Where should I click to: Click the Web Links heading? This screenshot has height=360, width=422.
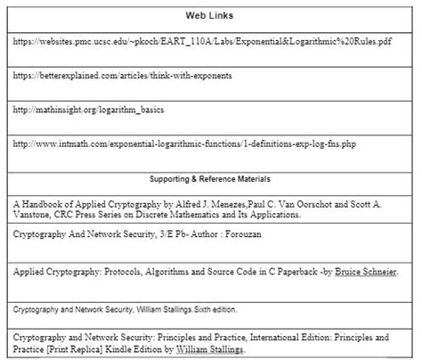click(x=210, y=15)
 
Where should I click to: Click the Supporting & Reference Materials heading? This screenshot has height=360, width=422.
click(x=210, y=179)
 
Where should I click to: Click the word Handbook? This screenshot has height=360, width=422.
click(x=44, y=204)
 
